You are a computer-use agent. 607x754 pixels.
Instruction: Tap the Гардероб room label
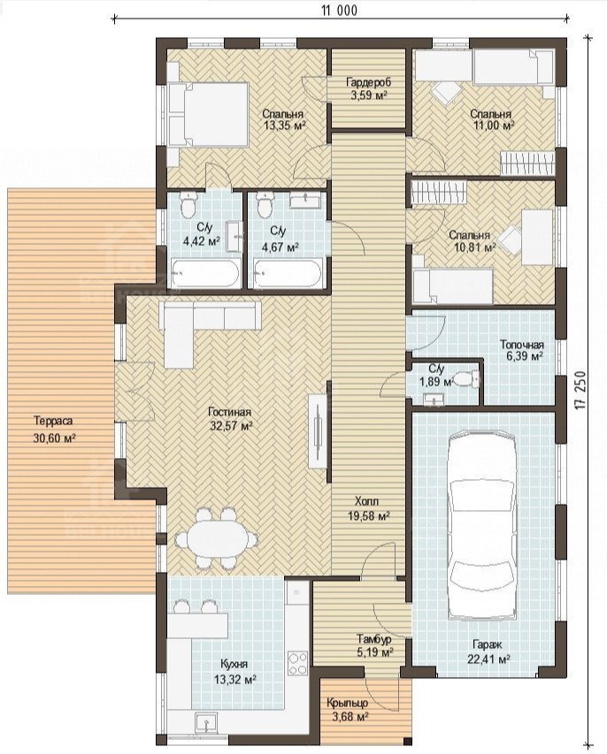point(367,81)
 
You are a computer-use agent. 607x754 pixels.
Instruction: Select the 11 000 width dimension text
point(340,10)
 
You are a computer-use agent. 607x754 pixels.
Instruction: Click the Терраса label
point(53,422)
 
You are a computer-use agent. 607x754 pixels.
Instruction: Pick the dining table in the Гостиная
point(216,537)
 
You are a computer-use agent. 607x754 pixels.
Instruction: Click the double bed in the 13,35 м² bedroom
point(209,114)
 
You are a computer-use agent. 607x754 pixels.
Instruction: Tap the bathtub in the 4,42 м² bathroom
point(204,274)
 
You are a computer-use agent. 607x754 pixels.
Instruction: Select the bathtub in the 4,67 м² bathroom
point(288,274)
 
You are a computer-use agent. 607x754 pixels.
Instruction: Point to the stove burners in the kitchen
point(297,663)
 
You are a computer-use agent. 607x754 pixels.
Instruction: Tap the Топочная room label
point(522,346)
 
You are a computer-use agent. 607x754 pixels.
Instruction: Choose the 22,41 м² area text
point(488,659)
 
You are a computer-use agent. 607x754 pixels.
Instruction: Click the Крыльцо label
point(347,703)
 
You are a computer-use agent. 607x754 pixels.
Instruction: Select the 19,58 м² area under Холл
point(368,516)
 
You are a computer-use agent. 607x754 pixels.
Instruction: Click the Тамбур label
point(374,640)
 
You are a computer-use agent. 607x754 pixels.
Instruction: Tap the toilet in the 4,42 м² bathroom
point(188,206)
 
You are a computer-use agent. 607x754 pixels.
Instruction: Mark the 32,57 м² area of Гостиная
point(232,425)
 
